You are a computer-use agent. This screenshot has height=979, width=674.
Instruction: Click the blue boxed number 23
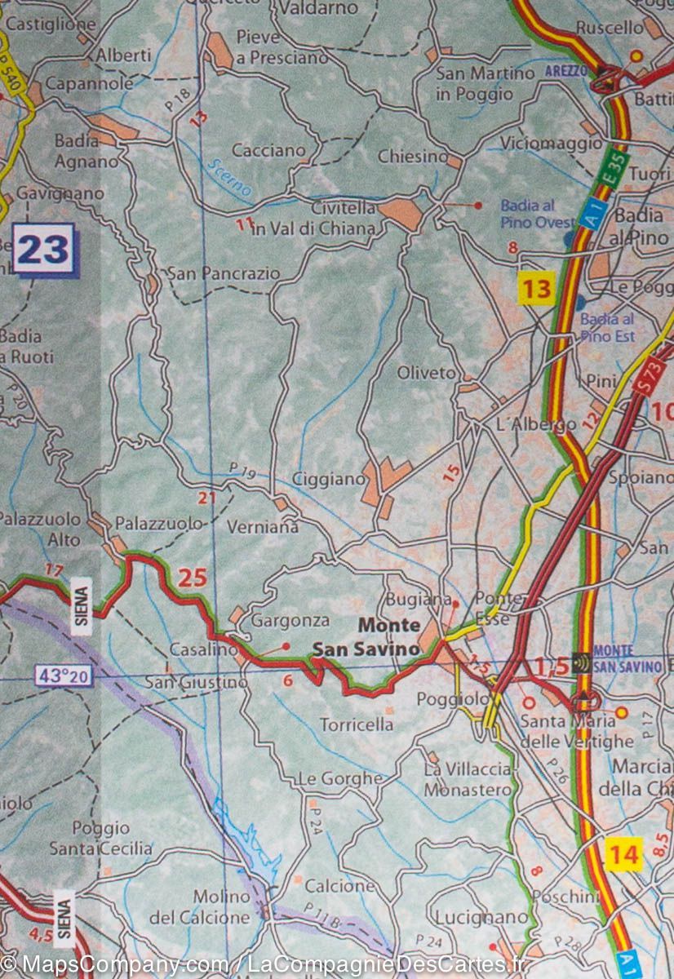43,250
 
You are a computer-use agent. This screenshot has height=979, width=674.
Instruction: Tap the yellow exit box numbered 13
538,288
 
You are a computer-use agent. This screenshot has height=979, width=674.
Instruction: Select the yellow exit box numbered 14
624,854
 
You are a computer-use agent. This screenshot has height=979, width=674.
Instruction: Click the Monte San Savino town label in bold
367,637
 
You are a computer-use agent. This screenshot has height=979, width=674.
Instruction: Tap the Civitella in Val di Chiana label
313,219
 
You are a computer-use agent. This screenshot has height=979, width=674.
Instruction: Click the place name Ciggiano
328,479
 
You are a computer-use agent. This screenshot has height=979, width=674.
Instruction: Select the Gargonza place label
290,620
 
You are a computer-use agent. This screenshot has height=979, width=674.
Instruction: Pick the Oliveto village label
426,373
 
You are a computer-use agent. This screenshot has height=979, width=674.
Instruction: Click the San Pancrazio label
223,273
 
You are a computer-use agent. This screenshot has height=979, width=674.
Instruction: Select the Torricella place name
356,724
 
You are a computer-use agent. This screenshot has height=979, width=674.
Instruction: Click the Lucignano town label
481,917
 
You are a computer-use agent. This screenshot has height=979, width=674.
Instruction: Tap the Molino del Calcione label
201,906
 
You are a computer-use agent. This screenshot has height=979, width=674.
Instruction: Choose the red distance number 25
193,578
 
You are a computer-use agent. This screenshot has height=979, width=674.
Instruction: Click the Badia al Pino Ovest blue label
538,214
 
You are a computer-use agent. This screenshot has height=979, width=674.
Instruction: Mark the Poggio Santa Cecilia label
101,839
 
